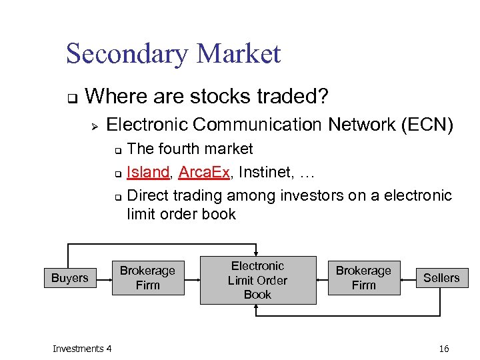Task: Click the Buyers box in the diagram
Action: tap(69, 278)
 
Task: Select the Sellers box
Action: tap(441, 278)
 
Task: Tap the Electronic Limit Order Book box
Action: tap(257, 280)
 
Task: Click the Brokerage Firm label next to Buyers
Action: tap(147, 277)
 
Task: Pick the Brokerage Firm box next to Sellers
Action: tap(363, 277)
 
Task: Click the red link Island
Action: tap(147, 172)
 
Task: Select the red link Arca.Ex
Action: tap(204, 172)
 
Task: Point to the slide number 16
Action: tap(445, 349)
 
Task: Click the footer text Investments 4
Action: tap(83, 349)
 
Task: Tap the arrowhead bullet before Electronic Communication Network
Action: tap(95, 125)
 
